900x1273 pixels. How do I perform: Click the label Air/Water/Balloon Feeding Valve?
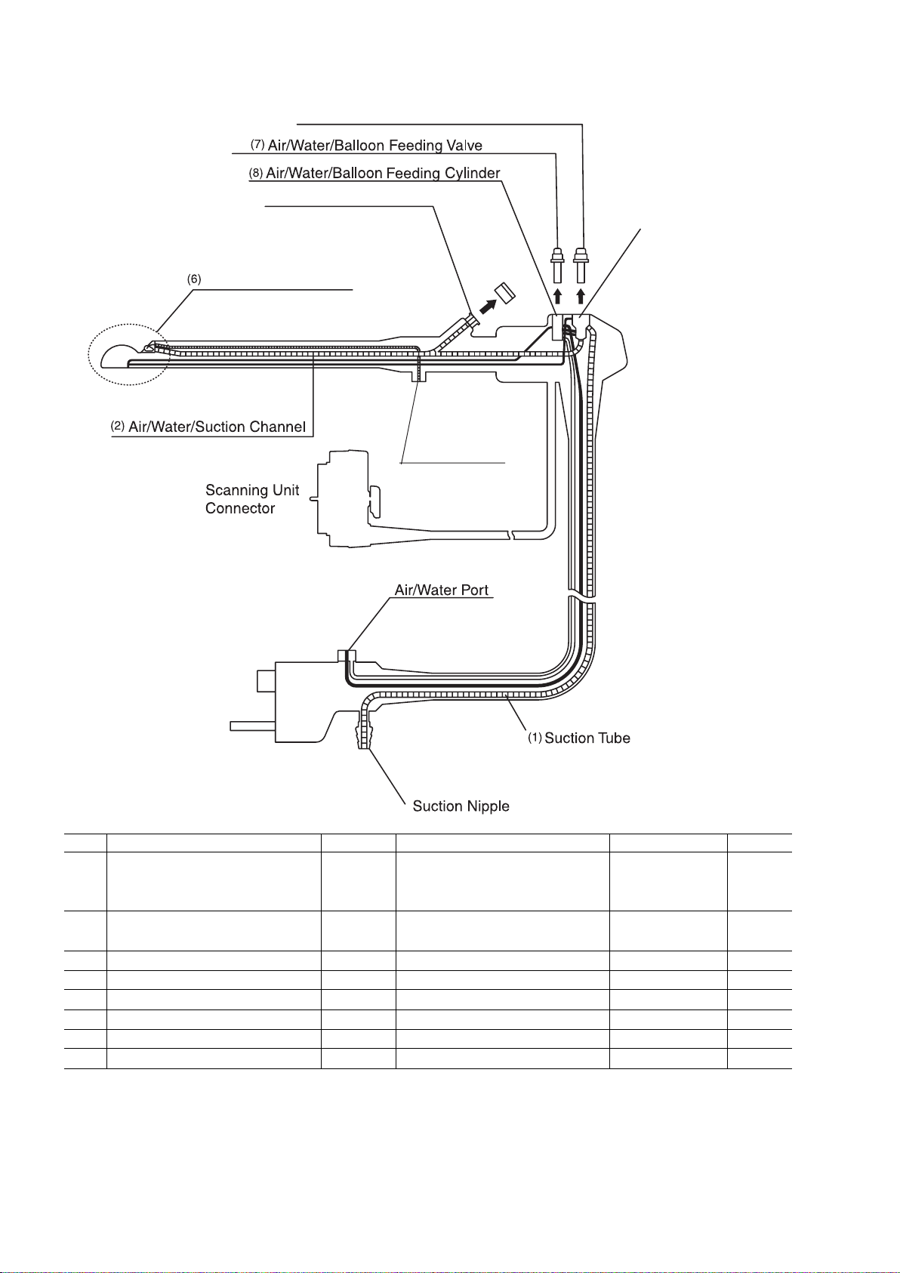pyautogui.click(x=374, y=145)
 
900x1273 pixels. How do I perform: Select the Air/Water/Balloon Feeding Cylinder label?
pyautogui.click(x=383, y=174)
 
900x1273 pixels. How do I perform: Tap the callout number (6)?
pyautogui.click(x=195, y=279)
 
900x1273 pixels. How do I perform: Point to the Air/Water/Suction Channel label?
pyautogui.click(x=217, y=427)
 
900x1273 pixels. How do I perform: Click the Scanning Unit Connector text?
pyautogui.click(x=252, y=499)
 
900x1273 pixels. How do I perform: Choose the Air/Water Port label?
pyautogui.click(x=443, y=589)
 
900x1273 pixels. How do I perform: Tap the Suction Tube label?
pyautogui.click(x=587, y=738)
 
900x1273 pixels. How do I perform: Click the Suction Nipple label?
pyautogui.click(x=461, y=806)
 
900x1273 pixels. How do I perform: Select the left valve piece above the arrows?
pyautogui.click(x=558, y=264)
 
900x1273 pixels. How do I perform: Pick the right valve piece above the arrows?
pyautogui.click(x=581, y=264)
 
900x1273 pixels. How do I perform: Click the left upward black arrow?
pyautogui.click(x=558, y=294)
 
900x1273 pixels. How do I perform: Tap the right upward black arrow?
pyautogui.click(x=581, y=294)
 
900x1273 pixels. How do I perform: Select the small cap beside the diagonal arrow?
pyautogui.click(x=504, y=291)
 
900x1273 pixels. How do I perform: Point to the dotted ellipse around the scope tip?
pyautogui.click(x=125, y=356)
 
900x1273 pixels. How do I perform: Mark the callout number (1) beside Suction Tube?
pyautogui.click(x=535, y=738)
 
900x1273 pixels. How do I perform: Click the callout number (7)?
pyautogui.click(x=257, y=144)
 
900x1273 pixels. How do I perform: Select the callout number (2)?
pyautogui.click(x=118, y=426)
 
